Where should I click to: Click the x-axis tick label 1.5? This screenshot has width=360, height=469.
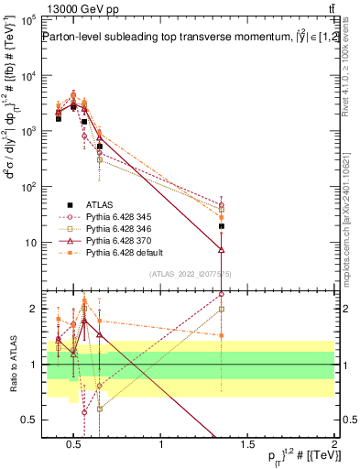click(247, 446)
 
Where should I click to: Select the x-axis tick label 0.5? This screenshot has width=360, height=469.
click(74, 446)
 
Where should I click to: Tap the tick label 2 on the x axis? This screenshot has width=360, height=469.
click(334, 446)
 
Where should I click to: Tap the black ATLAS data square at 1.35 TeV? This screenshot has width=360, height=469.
click(222, 225)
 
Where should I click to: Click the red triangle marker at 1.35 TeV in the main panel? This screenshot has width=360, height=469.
click(222, 248)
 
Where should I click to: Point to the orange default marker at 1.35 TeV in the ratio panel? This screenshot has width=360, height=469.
click(222, 335)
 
